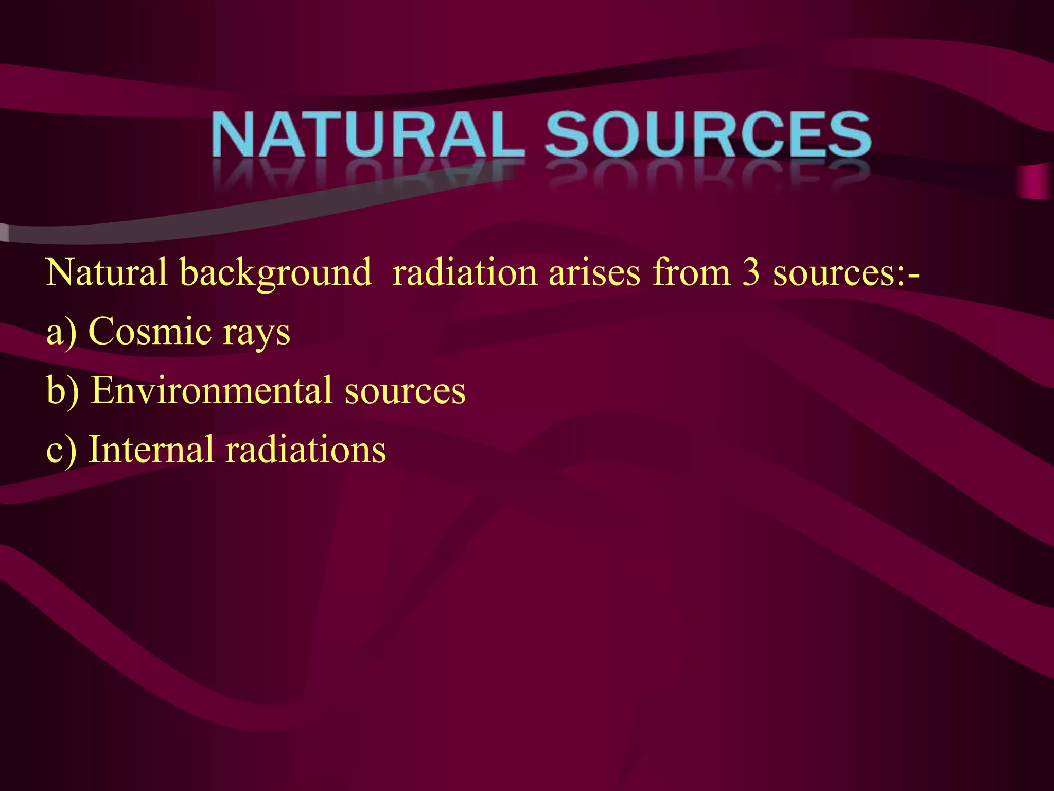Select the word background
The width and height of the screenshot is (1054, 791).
(x=275, y=273)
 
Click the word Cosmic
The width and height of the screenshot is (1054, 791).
(x=150, y=331)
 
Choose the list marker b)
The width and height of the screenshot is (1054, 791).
(x=62, y=390)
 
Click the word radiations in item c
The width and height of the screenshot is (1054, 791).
(x=306, y=449)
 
